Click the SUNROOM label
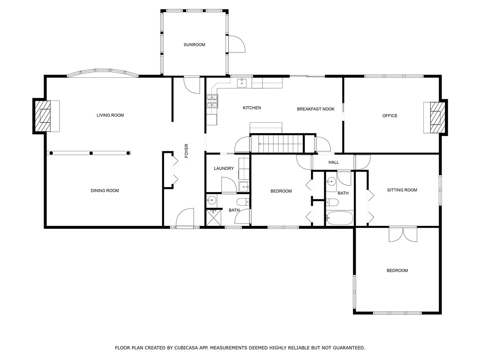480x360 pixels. coord(195,45)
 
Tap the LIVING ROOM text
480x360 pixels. coord(110,115)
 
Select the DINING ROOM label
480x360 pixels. coord(105,190)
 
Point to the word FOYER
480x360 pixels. coord(187,151)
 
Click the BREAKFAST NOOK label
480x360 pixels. coord(315,109)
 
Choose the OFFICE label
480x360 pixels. coord(390,116)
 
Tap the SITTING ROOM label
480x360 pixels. coord(402,190)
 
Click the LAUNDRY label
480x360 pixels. coord(224,168)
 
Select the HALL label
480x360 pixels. coord(334,162)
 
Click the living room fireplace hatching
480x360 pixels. coord(42,116)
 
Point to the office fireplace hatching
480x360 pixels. coord(438,118)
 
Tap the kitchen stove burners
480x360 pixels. coord(212,101)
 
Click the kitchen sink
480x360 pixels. coord(242,82)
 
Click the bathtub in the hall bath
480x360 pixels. coord(339,218)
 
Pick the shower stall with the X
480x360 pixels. coord(214,217)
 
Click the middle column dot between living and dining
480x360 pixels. coord(91,153)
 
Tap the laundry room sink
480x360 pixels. coord(244,187)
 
